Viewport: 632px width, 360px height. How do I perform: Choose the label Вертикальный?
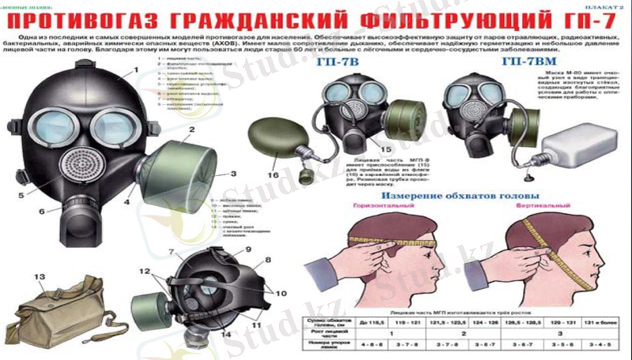548,207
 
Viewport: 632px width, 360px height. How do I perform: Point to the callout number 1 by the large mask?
136,70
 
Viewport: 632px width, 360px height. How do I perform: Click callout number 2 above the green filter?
191,129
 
